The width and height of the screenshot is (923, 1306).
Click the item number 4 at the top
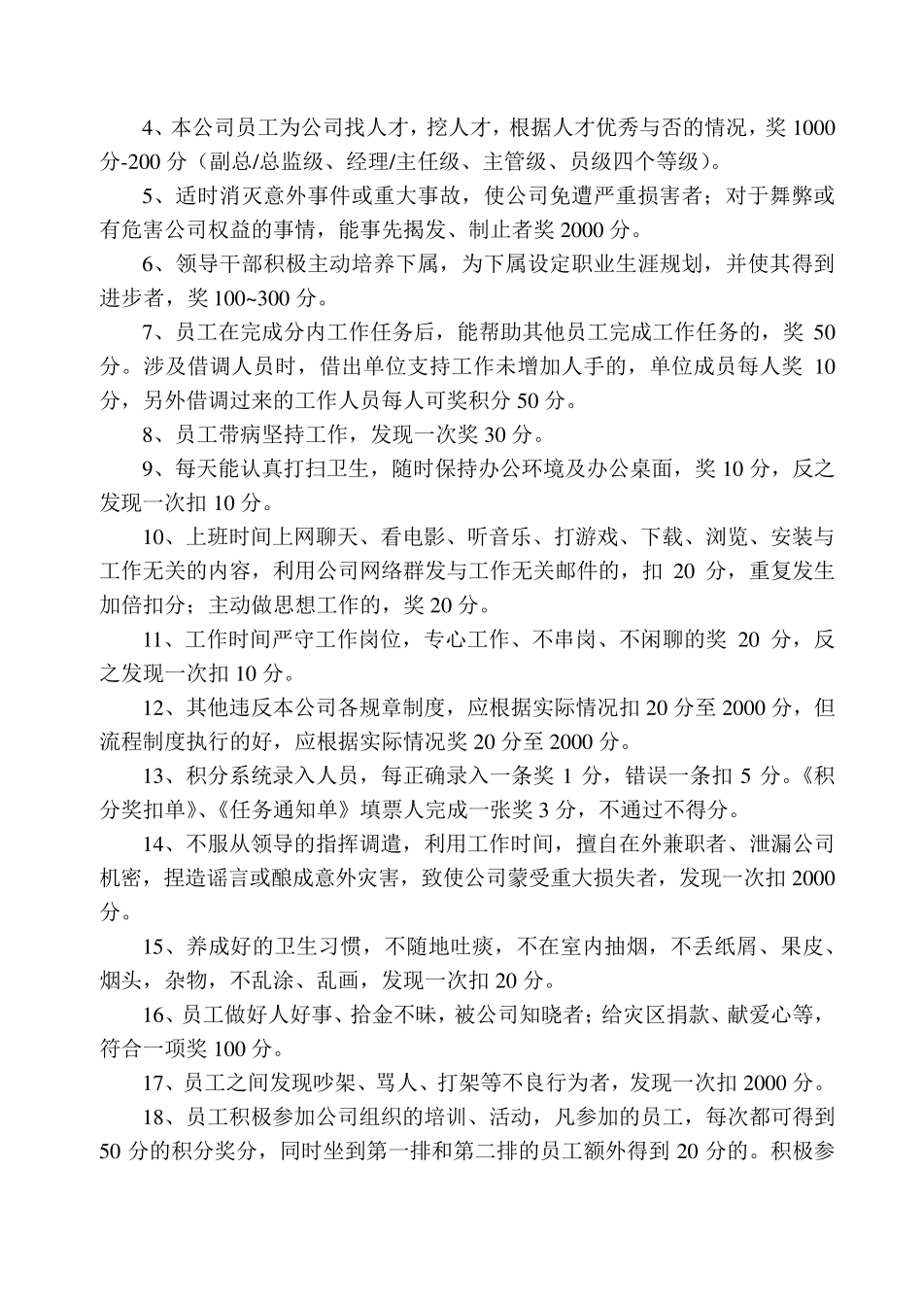(x=149, y=128)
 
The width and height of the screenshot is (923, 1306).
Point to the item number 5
(x=149, y=196)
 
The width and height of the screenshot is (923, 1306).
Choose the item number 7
(x=149, y=333)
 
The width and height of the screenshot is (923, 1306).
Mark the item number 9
(x=149, y=469)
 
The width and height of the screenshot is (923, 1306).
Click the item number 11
(x=154, y=639)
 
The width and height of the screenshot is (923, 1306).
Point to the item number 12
(x=154, y=707)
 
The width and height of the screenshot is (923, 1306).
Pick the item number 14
(x=154, y=844)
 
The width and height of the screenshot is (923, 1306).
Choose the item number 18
(x=154, y=1117)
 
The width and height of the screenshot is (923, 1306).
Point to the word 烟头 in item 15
(x=120, y=980)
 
